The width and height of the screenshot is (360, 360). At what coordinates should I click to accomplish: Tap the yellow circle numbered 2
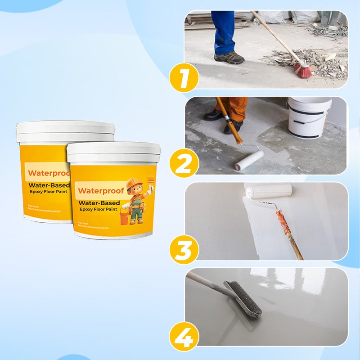(184, 164)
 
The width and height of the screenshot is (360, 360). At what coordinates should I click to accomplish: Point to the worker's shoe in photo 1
(229, 58)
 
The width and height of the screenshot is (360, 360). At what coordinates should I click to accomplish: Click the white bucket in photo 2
(309, 117)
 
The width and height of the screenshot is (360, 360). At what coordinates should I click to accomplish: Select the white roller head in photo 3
(268, 191)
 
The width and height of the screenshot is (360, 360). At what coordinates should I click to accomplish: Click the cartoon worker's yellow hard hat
(134, 184)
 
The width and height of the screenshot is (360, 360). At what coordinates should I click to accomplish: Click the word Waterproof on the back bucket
(47, 173)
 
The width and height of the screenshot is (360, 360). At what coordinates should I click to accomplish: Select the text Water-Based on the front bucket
(99, 202)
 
